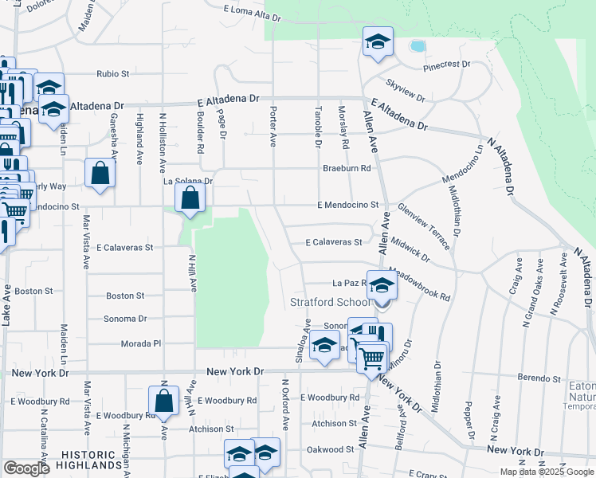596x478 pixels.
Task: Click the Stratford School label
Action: click(x=330, y=303)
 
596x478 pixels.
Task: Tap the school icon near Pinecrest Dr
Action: click(x=378, y=42)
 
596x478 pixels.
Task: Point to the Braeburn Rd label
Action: click(x=347, y=168)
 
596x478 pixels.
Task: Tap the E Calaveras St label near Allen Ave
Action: click(x=335, y=242)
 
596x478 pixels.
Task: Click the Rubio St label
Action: click(x=113, y=74)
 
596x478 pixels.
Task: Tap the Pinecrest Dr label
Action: click(x=447, y=65)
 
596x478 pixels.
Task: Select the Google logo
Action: click(x=25, y=468)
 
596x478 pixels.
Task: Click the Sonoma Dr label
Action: click(x=126, y=319)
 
